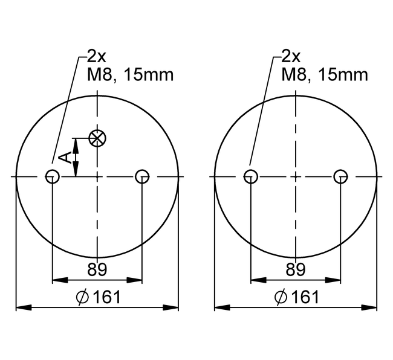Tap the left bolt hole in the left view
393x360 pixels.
[52, 177]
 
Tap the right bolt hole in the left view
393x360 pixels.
[142, 177]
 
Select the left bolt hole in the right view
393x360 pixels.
[251, 177]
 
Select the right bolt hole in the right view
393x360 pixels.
[340, 177]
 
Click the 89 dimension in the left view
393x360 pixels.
[97, 269]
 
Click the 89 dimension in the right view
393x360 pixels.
[296, 269]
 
